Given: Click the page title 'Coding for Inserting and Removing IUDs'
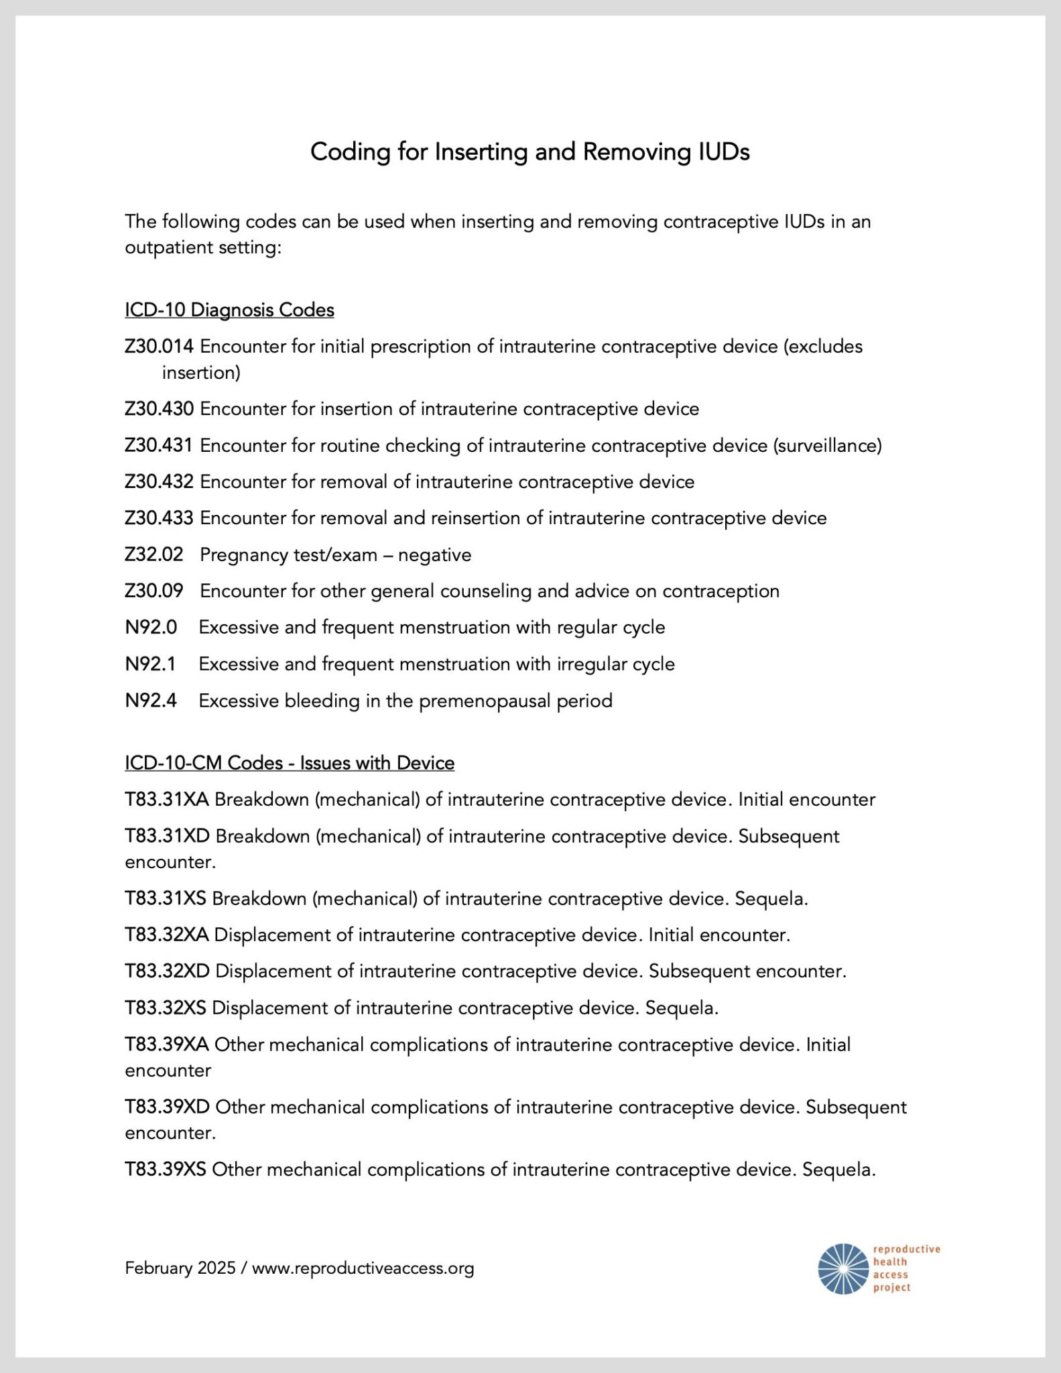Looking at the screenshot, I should pos(529,152).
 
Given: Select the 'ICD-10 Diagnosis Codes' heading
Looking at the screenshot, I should pos(229,310).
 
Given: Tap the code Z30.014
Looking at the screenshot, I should pos(159,347).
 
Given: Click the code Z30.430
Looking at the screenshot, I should pos(159,409).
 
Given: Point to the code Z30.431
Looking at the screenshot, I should pos(158,445).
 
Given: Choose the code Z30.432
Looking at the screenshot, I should pos(159,482).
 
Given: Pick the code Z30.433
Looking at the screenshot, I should pos(159,518).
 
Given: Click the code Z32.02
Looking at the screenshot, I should pos(153,555).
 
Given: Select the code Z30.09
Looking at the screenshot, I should pos(153,591).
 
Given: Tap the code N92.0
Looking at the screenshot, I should pos(151,628).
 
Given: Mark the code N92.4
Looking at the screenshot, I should pos(151,701).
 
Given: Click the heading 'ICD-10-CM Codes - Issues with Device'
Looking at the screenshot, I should pos(290,763).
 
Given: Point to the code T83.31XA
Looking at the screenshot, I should pos(167,800).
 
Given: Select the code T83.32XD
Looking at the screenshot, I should pos(167,971).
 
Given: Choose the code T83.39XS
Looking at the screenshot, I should pos(166,1170).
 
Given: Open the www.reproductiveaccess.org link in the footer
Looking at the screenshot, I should pos(363,1268).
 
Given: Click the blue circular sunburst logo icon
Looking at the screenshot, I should pos(842,1268).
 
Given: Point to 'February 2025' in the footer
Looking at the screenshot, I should pos(180,1268).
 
